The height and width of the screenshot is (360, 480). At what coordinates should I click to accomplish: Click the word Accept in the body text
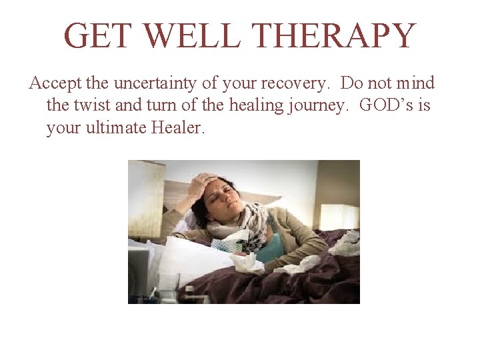54,84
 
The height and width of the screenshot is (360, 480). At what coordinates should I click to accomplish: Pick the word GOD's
389,105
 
